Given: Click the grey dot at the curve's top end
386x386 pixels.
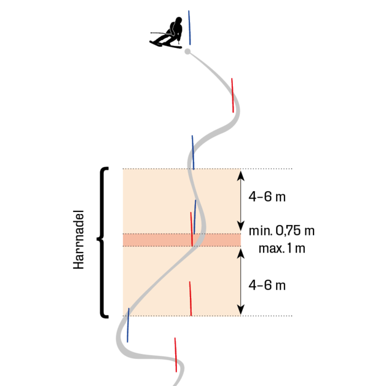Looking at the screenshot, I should [187, 52].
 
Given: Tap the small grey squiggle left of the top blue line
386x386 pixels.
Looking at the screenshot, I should [172, 30].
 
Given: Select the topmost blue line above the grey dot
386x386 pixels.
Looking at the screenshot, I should [189, 27].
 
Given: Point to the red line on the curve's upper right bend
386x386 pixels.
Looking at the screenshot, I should [232, 95].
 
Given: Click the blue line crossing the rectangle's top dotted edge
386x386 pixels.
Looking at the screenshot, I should [192, 152].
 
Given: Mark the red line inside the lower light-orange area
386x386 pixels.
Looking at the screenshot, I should [190, 298].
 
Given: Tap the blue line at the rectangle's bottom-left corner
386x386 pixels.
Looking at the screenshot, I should [128, 325].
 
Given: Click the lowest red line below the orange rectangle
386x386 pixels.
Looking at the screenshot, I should [176, 354].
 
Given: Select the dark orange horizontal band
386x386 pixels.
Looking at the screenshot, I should [154, 240].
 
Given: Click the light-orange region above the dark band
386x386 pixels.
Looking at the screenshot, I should [154, 200].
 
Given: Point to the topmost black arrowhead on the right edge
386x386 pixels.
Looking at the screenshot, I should [239, 176].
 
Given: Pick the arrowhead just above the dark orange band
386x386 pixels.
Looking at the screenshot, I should [239, 225].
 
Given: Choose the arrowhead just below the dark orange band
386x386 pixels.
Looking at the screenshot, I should [239, 253].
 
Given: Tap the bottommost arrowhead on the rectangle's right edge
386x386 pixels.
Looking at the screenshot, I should [239, 309].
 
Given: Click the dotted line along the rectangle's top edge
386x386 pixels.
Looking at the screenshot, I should [154, 168].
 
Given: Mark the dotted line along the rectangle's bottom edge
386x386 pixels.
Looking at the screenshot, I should [154, 317].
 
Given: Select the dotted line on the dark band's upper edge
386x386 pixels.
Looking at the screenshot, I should [154, 234].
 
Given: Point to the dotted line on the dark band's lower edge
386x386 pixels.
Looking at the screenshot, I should [154, 246].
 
